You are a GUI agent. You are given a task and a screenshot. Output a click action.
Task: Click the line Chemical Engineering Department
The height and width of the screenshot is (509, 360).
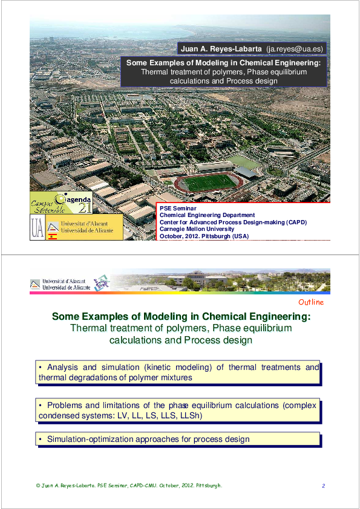click(207, 215)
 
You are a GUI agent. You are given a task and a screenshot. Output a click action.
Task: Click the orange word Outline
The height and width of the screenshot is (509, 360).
click(311, 302)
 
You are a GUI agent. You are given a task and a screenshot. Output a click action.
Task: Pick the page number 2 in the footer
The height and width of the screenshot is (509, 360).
click(324, 486)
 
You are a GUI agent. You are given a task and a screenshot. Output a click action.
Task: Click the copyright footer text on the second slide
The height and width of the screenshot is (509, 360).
click(129, 486)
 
